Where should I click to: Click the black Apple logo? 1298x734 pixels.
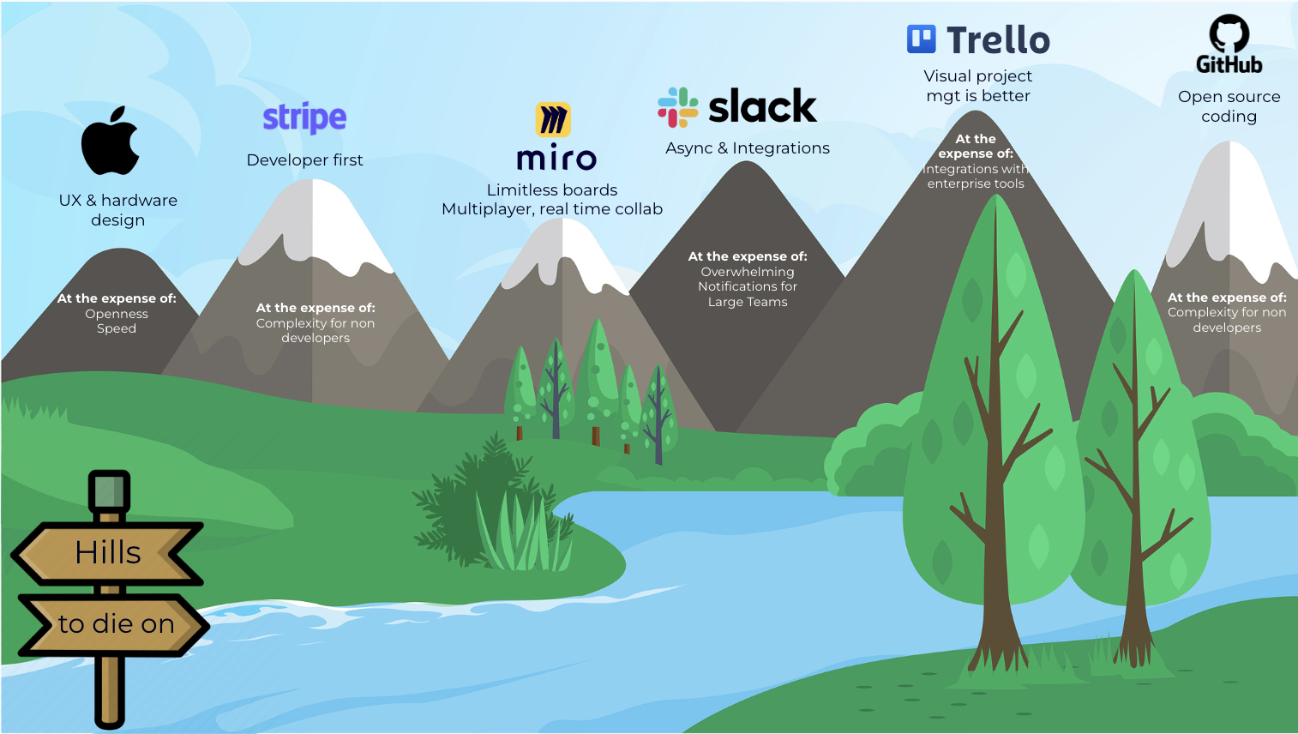pos(111,141)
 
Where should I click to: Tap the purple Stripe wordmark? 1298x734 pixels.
pos(304,117)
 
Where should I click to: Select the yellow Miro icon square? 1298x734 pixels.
pos(553,120)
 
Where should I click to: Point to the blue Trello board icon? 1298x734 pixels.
pos(922,39)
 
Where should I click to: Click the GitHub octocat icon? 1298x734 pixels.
pos(1229,33)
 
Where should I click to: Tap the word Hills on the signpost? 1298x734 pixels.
pos(108,553)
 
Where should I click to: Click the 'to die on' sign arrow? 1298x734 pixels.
pos(116,624)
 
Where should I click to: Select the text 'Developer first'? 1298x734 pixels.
pos(304,160)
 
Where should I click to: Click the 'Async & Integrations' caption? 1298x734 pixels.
pos(748,148)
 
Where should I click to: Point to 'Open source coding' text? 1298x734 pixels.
pos(1229,106)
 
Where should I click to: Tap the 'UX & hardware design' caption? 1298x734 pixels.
pos(118,210)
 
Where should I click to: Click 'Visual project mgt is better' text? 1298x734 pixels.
pos(978,86)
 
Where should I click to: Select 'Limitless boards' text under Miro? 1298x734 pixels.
pos(552,190)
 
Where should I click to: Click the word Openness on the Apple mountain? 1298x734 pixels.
pos(117,314)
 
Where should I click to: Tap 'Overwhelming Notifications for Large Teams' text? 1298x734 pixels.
pos(748,286)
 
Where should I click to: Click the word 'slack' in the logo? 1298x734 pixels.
pos(762,107)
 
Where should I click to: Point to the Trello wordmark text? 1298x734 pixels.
pos(998,40)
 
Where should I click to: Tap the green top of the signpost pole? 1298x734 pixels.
pos(109,491)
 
